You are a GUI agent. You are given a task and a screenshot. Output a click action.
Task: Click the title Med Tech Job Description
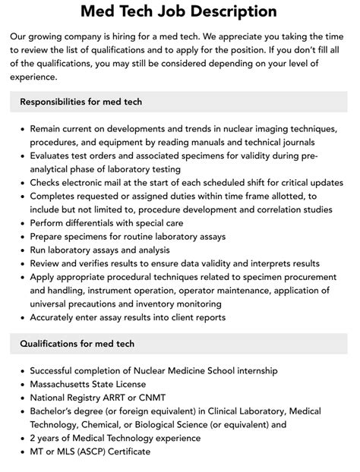click(x=179, y=12)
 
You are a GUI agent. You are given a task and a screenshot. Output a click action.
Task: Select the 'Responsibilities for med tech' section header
click(x=81, y=102)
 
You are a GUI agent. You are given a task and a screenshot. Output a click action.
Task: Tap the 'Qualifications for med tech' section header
click(x=77, y=344)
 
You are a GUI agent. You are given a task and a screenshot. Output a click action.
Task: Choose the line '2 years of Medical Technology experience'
click(x=115, y=438)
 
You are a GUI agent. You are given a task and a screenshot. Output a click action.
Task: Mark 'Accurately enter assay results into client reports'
click(x=138, y=317)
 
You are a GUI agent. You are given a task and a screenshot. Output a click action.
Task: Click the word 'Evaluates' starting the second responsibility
click(x=52, y=156)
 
